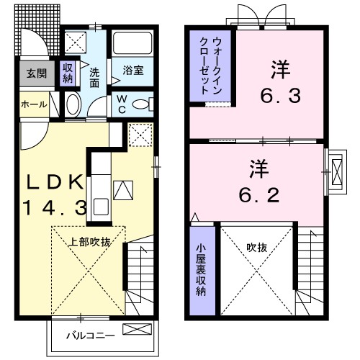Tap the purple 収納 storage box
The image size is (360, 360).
68,73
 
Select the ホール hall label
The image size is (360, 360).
33,105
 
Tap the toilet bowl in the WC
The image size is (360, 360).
141,104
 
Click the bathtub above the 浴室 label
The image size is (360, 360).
131,45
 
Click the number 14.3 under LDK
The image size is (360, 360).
54,209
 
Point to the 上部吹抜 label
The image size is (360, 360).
89,242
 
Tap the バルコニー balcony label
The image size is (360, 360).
86,335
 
